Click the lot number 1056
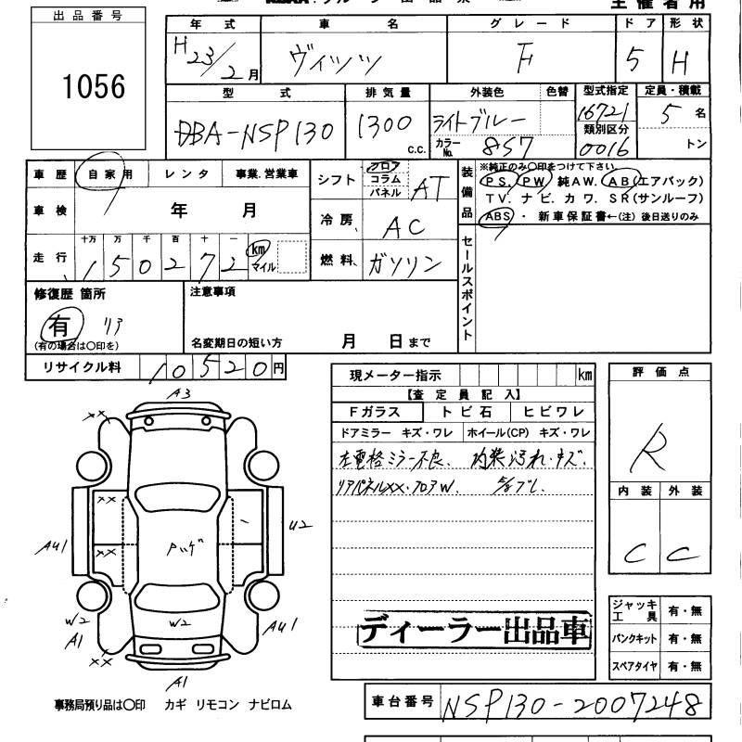coord(94,85)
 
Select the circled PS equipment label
coord(500,181)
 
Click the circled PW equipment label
coord(536,181)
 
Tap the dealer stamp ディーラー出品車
coord(473,632)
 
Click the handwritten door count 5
coord(633,60)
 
